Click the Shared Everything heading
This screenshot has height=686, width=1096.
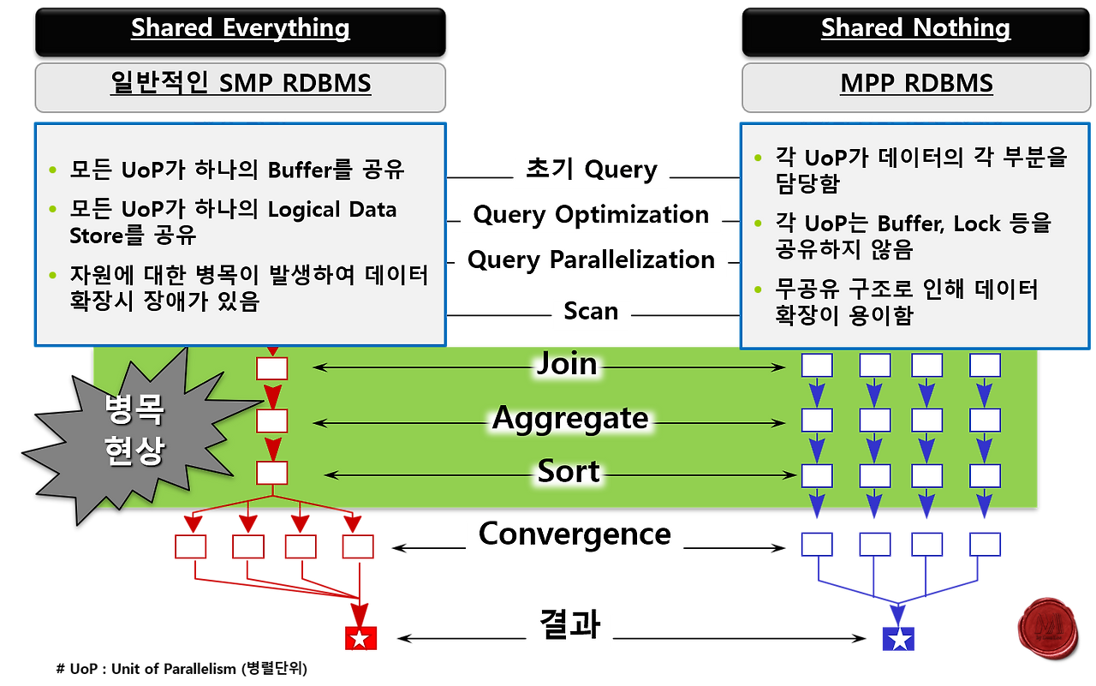click(240, 27)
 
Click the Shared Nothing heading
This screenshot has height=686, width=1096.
click(915, 27)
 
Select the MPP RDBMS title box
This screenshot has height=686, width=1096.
click(915, 84)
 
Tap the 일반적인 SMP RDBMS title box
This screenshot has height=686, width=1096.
click(240, 84)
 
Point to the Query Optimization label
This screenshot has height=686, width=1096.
click(591, 215)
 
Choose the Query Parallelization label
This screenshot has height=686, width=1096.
click(591, 259)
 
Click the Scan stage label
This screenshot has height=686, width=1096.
click(591, 311)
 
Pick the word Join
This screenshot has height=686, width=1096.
click(566, 364)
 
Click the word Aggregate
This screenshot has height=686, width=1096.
click(570, 419)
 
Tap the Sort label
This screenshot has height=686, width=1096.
click(569, 472)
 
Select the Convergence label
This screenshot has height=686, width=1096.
click(575, 534)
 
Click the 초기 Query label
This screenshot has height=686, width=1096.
click(591, 170)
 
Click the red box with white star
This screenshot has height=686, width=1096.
click(360, 638)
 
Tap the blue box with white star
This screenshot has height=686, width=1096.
click(898, 639)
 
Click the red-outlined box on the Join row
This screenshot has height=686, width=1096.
click(272, 368)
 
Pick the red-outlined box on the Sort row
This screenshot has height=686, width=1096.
click(272, 474)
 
